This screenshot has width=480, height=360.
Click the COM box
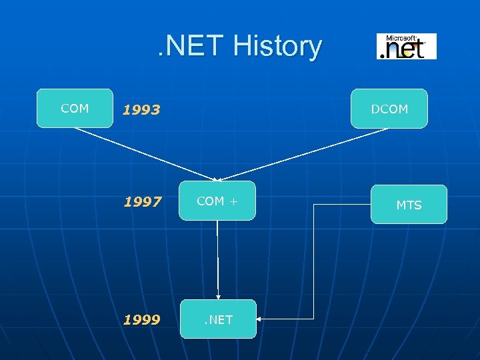(75, 108)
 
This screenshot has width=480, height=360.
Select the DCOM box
(389, 109)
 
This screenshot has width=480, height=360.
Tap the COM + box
(217, 201)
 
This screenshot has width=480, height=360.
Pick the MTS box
(409, 205)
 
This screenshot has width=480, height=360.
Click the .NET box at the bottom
(218, 319)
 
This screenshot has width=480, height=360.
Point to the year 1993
(141, 110)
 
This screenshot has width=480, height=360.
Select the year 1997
(141, 202)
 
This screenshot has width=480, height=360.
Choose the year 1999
(141, 320)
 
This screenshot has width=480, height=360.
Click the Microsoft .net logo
(406, 46)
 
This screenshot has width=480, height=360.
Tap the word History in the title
(277, 47)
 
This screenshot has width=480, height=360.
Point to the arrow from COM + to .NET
(217, 260)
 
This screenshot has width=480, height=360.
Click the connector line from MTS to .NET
(313, 267)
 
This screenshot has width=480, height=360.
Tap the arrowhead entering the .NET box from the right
(259, 319)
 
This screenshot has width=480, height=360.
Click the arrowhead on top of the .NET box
(217, 297)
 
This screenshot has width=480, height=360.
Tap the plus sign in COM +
(233, 201)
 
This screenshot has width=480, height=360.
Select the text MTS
(409, 205)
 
